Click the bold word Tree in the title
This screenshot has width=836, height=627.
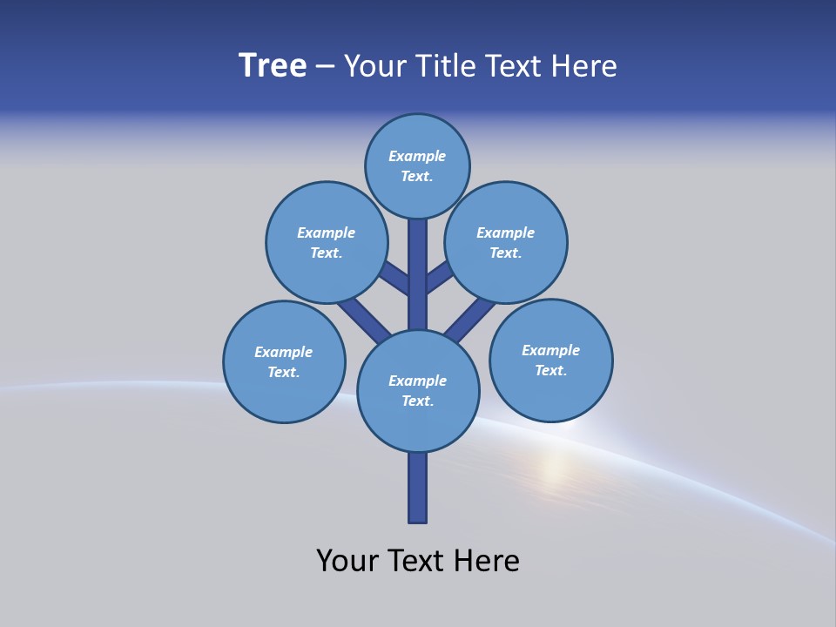point(273,66)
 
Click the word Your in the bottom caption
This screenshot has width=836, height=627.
point(347,561)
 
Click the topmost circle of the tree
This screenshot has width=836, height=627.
point(417,165)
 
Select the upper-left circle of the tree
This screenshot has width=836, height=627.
point(327,242)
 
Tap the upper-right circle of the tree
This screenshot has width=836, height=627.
point(506,242)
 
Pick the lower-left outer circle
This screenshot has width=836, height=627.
point(284,361)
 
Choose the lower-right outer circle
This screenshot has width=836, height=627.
point(550,360)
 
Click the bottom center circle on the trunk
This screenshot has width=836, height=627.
point(418,390)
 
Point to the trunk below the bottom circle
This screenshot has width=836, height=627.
point(417,488)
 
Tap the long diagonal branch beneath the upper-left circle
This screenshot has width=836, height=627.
point(364,319)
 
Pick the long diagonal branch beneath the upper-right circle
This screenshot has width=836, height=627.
point(470,320)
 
